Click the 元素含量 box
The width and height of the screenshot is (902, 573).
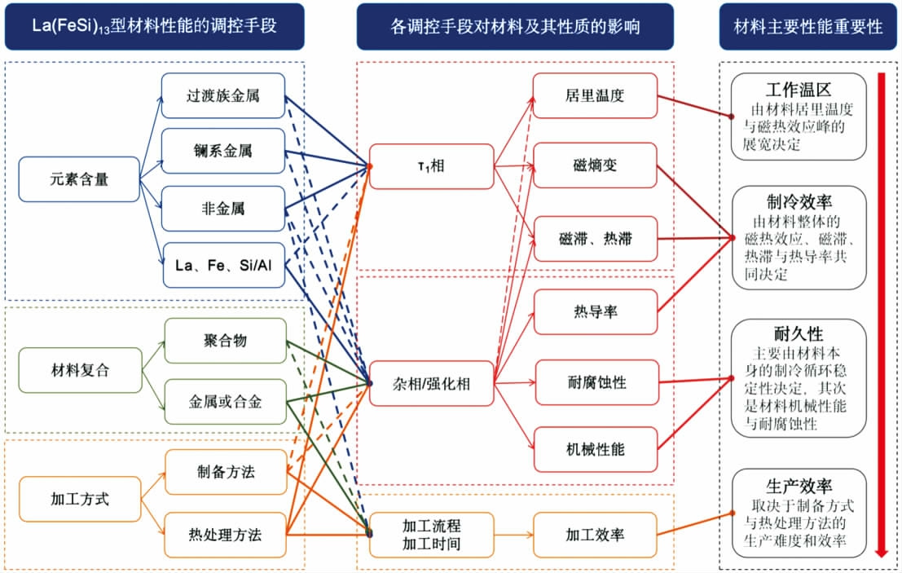(x=79, y=179)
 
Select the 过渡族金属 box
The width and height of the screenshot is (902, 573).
(x=222, y=95)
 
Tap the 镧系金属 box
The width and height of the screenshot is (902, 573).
(x=222, y=152)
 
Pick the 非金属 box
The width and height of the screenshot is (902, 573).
(x=222, y=209)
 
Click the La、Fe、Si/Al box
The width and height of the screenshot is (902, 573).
(x=222, y=265)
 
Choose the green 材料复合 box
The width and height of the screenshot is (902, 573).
(x=79, y=370)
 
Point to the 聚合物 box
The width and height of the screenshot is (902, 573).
(x=225, y=341)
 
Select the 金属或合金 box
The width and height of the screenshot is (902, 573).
(x=225, y=401)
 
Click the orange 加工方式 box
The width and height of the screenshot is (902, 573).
(x=79, y=498)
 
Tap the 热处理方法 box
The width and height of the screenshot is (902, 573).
(x=225, y=535)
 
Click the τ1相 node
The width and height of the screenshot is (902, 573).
(x=431, y=166)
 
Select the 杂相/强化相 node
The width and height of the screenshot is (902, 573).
(x=431, y=382)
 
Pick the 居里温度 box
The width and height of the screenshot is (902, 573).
(x=594, y=95)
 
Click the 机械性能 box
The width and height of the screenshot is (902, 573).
(x=594, y=449)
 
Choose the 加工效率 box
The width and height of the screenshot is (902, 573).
(x=594, y=535)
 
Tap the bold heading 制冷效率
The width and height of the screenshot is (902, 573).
(x=798, y=201)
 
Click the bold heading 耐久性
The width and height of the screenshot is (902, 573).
(x=798, y=333)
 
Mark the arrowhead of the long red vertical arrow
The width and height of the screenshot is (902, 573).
(x=881, y=553)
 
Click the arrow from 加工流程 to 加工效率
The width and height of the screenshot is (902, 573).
(x=513, y=535)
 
